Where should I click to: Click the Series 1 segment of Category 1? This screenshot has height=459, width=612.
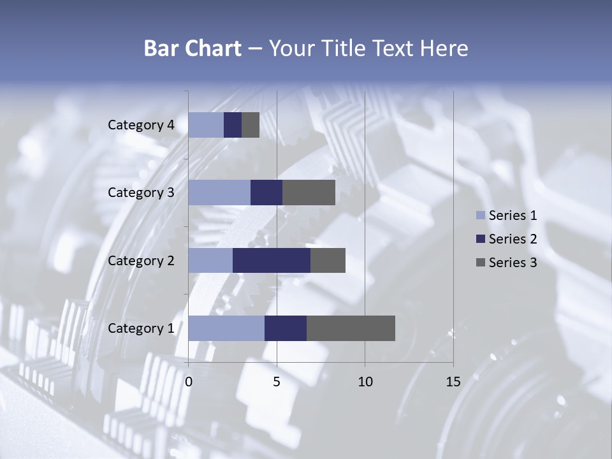[x=226, y=328]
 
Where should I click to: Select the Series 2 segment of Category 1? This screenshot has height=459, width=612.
[x=286, y=328]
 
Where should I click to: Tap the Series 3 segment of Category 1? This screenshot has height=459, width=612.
[x=351, y=328]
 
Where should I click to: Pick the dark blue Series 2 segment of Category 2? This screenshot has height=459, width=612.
[x=272, y=260]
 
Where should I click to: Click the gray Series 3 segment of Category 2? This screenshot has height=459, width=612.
[x=328, y=260]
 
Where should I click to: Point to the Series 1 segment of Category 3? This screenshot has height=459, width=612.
[x=219, y=193]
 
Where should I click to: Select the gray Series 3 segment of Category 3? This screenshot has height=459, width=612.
[x=309, y=193]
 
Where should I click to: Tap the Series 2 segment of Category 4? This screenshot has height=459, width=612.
[x=233, y=125]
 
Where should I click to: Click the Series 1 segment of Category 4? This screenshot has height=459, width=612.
[x=206, y=125]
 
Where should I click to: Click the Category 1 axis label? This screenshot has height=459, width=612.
[x=141, y=328]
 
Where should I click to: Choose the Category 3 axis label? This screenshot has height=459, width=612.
[x=141, y=193]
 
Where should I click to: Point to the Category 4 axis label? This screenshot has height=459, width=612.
[x=141, y=125]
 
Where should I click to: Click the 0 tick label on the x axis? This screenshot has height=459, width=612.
[x=189, y=382]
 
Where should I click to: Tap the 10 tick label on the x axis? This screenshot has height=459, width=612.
[x=365, y=382]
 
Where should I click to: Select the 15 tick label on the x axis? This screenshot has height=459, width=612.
[x=453, y=382]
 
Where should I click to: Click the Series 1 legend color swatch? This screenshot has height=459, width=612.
[x=481, y=215]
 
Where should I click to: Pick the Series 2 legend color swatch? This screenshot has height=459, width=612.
[x=481, y=239]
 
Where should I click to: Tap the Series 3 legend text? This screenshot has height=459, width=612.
[x=513, y=263]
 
